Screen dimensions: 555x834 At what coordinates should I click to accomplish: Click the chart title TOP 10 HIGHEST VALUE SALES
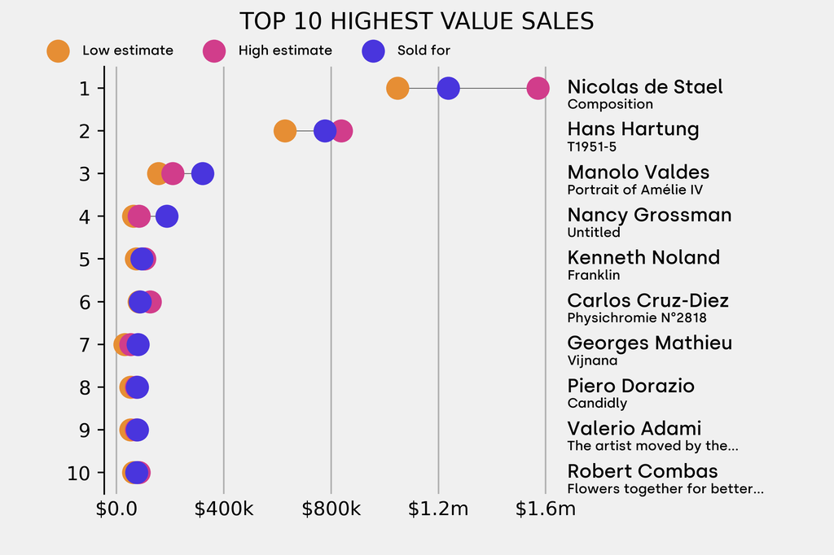[416, 20]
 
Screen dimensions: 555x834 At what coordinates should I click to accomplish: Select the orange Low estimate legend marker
[58, 50]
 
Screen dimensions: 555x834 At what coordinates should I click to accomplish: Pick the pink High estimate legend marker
[213, 50]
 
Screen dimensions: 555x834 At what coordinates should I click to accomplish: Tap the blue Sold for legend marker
[372, 50]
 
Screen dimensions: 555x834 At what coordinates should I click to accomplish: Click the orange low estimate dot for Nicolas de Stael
[397, 88]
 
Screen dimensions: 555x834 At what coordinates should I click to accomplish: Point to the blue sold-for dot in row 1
[448, 88]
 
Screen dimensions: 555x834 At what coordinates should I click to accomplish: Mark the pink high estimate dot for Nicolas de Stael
[538, 88]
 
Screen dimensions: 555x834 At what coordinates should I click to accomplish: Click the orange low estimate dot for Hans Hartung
[284, 130]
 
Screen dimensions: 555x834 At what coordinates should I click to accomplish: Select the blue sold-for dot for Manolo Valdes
[203, 173]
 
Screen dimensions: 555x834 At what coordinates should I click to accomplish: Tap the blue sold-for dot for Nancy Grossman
[167, 216]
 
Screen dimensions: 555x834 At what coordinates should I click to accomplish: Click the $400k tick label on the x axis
[224, 509]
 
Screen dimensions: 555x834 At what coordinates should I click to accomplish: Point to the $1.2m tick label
[438, 509]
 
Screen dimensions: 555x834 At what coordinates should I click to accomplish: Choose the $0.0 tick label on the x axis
[116, 509]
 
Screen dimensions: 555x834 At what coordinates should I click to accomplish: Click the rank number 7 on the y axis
[85, 345]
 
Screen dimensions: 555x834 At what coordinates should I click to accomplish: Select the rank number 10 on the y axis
[79, 473]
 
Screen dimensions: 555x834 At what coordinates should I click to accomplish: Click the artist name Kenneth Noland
[643, 258]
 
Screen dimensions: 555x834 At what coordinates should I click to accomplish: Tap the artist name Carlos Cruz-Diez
[647, 301]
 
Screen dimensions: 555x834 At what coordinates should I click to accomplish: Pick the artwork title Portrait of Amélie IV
[634, 190]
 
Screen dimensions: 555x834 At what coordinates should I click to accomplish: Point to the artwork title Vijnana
[592, 361]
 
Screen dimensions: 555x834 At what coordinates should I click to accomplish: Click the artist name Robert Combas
[643, 471]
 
